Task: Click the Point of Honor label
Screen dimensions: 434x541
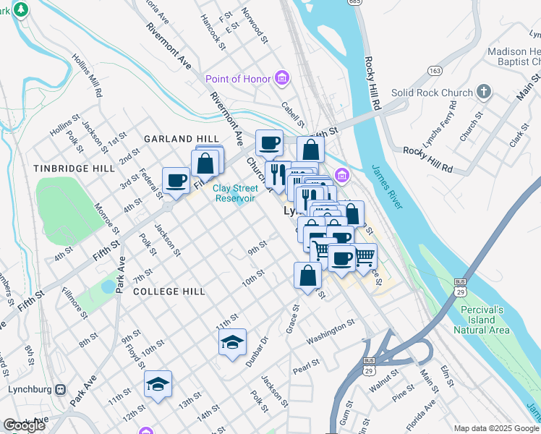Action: point(237,79)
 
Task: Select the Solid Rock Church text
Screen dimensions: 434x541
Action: point(431,93)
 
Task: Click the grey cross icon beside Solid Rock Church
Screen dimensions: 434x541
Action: point(484,92)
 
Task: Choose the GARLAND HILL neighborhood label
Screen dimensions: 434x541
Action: point(181,139)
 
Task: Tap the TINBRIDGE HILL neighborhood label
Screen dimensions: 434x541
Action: point(73,168)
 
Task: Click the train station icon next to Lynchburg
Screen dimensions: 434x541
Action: point(60,389)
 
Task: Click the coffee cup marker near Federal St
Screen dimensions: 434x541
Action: point(176,181)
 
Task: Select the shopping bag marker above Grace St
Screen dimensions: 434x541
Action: point(308,276)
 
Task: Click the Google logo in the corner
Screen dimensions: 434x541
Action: point(24,425)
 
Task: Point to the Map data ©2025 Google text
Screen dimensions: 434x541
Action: point(496,428)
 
